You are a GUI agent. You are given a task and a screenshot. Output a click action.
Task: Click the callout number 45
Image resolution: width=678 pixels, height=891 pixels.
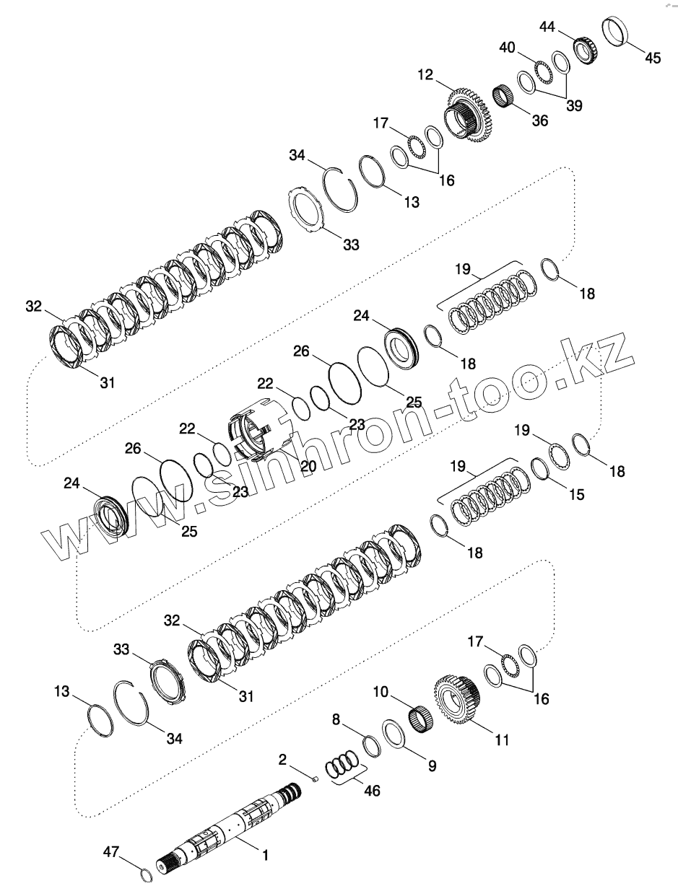[652, 58]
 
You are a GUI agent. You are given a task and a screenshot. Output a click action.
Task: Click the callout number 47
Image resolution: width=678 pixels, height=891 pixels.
[110, 852]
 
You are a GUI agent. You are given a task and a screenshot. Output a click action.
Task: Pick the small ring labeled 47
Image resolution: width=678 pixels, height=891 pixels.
[146, 875]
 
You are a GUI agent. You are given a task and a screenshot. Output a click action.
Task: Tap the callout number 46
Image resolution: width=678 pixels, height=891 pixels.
[372, 790]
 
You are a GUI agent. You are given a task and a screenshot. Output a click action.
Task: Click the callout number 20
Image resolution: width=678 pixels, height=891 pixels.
[308, 466]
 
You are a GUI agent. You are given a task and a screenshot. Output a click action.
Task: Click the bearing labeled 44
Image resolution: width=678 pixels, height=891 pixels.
[584, 50]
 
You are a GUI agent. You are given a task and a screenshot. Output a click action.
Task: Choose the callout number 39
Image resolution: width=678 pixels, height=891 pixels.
[574, 105]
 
